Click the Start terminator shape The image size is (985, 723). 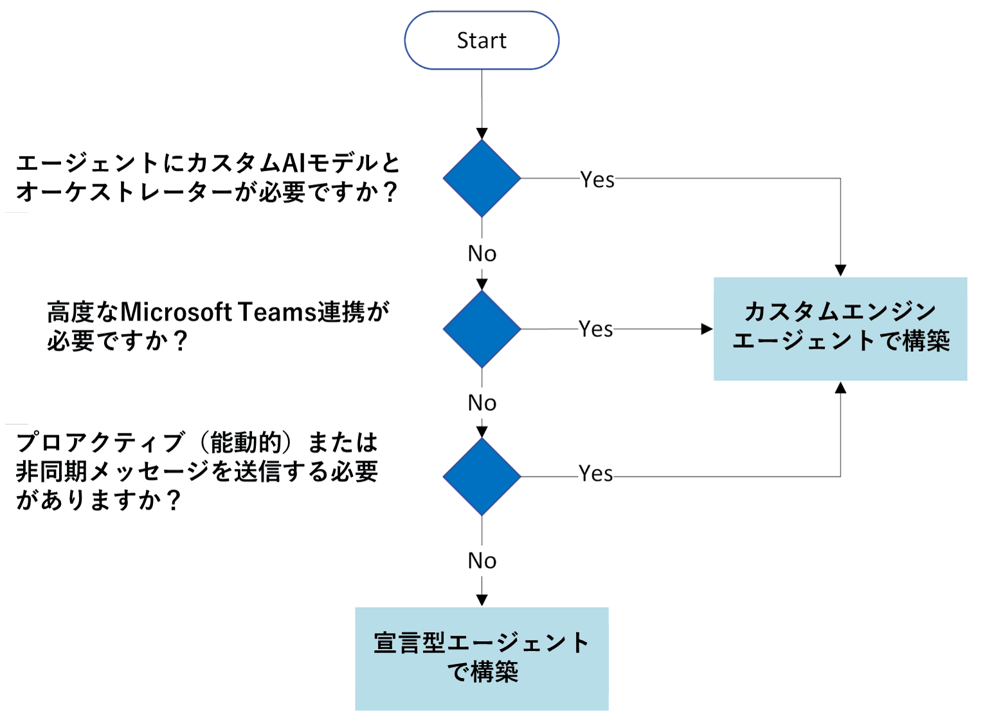(482, 41)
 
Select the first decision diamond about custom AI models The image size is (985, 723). (482, 178)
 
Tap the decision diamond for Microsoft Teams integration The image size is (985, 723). (482, 329)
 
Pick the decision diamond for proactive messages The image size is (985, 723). (482, 477)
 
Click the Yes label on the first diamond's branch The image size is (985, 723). (597, 179)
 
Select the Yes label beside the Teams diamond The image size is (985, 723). (596, 329)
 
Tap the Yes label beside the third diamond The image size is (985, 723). (596, 474)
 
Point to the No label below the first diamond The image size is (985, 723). (482, 253)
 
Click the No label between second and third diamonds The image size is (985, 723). (482, 403)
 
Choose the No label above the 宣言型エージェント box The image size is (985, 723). (482, 560)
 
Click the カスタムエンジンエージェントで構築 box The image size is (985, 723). (840, 329)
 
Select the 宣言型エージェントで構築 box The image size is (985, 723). (482, 659)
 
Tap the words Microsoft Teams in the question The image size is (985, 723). (217, 312)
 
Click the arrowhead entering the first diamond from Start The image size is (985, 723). (482, 134)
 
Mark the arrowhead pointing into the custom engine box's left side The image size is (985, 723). (707, 329)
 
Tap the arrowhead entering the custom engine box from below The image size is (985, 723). (840, 387)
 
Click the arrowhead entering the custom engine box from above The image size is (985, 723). (840, 271)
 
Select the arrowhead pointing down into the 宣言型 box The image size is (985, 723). (482, 600)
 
